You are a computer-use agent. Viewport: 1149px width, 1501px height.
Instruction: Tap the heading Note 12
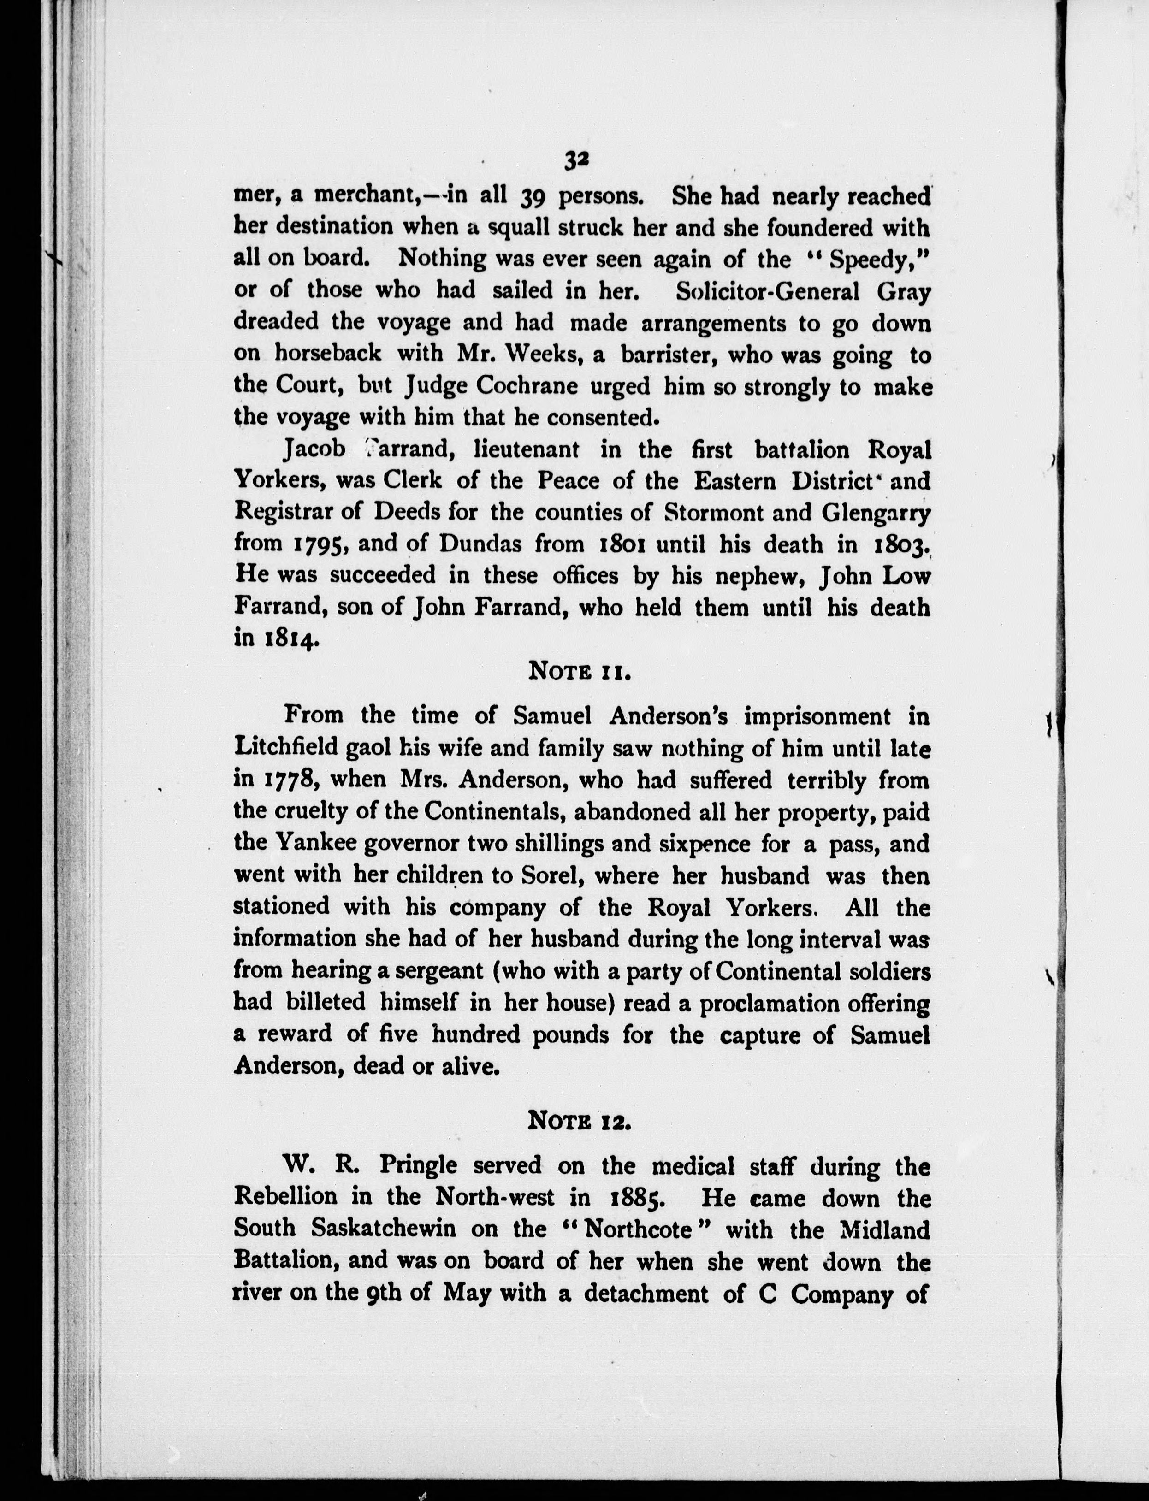[579, 1121]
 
